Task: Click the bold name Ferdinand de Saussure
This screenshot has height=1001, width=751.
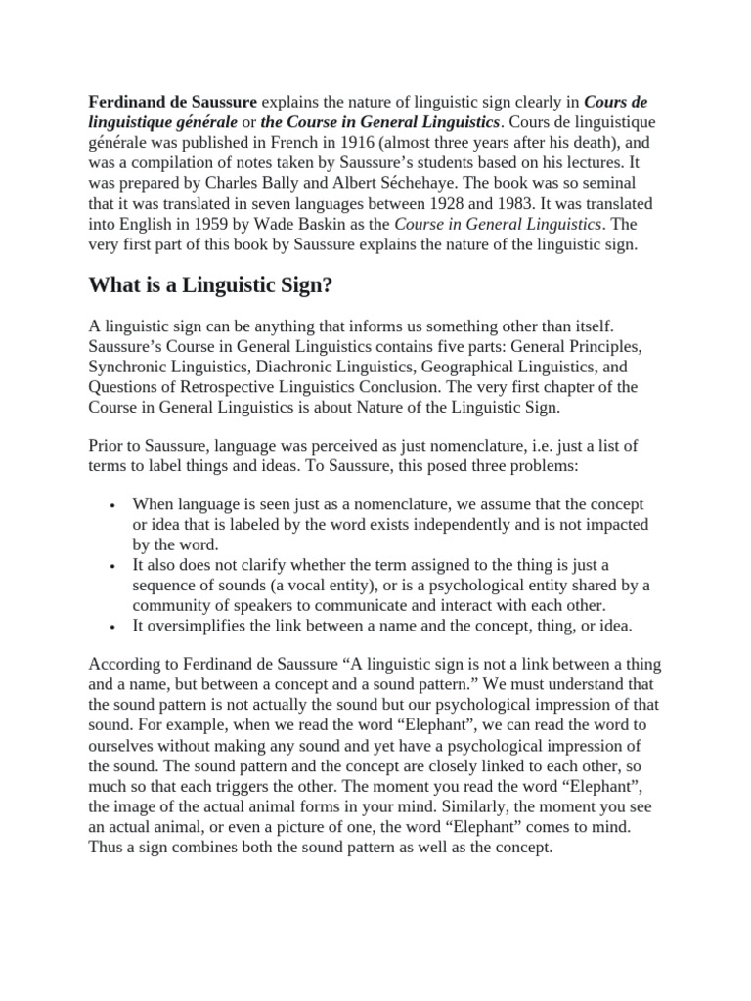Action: pyautogui.click(x=174, y=101)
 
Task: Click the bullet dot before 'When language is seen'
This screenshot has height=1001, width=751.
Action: pyautogui.click(x=114, y=505)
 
